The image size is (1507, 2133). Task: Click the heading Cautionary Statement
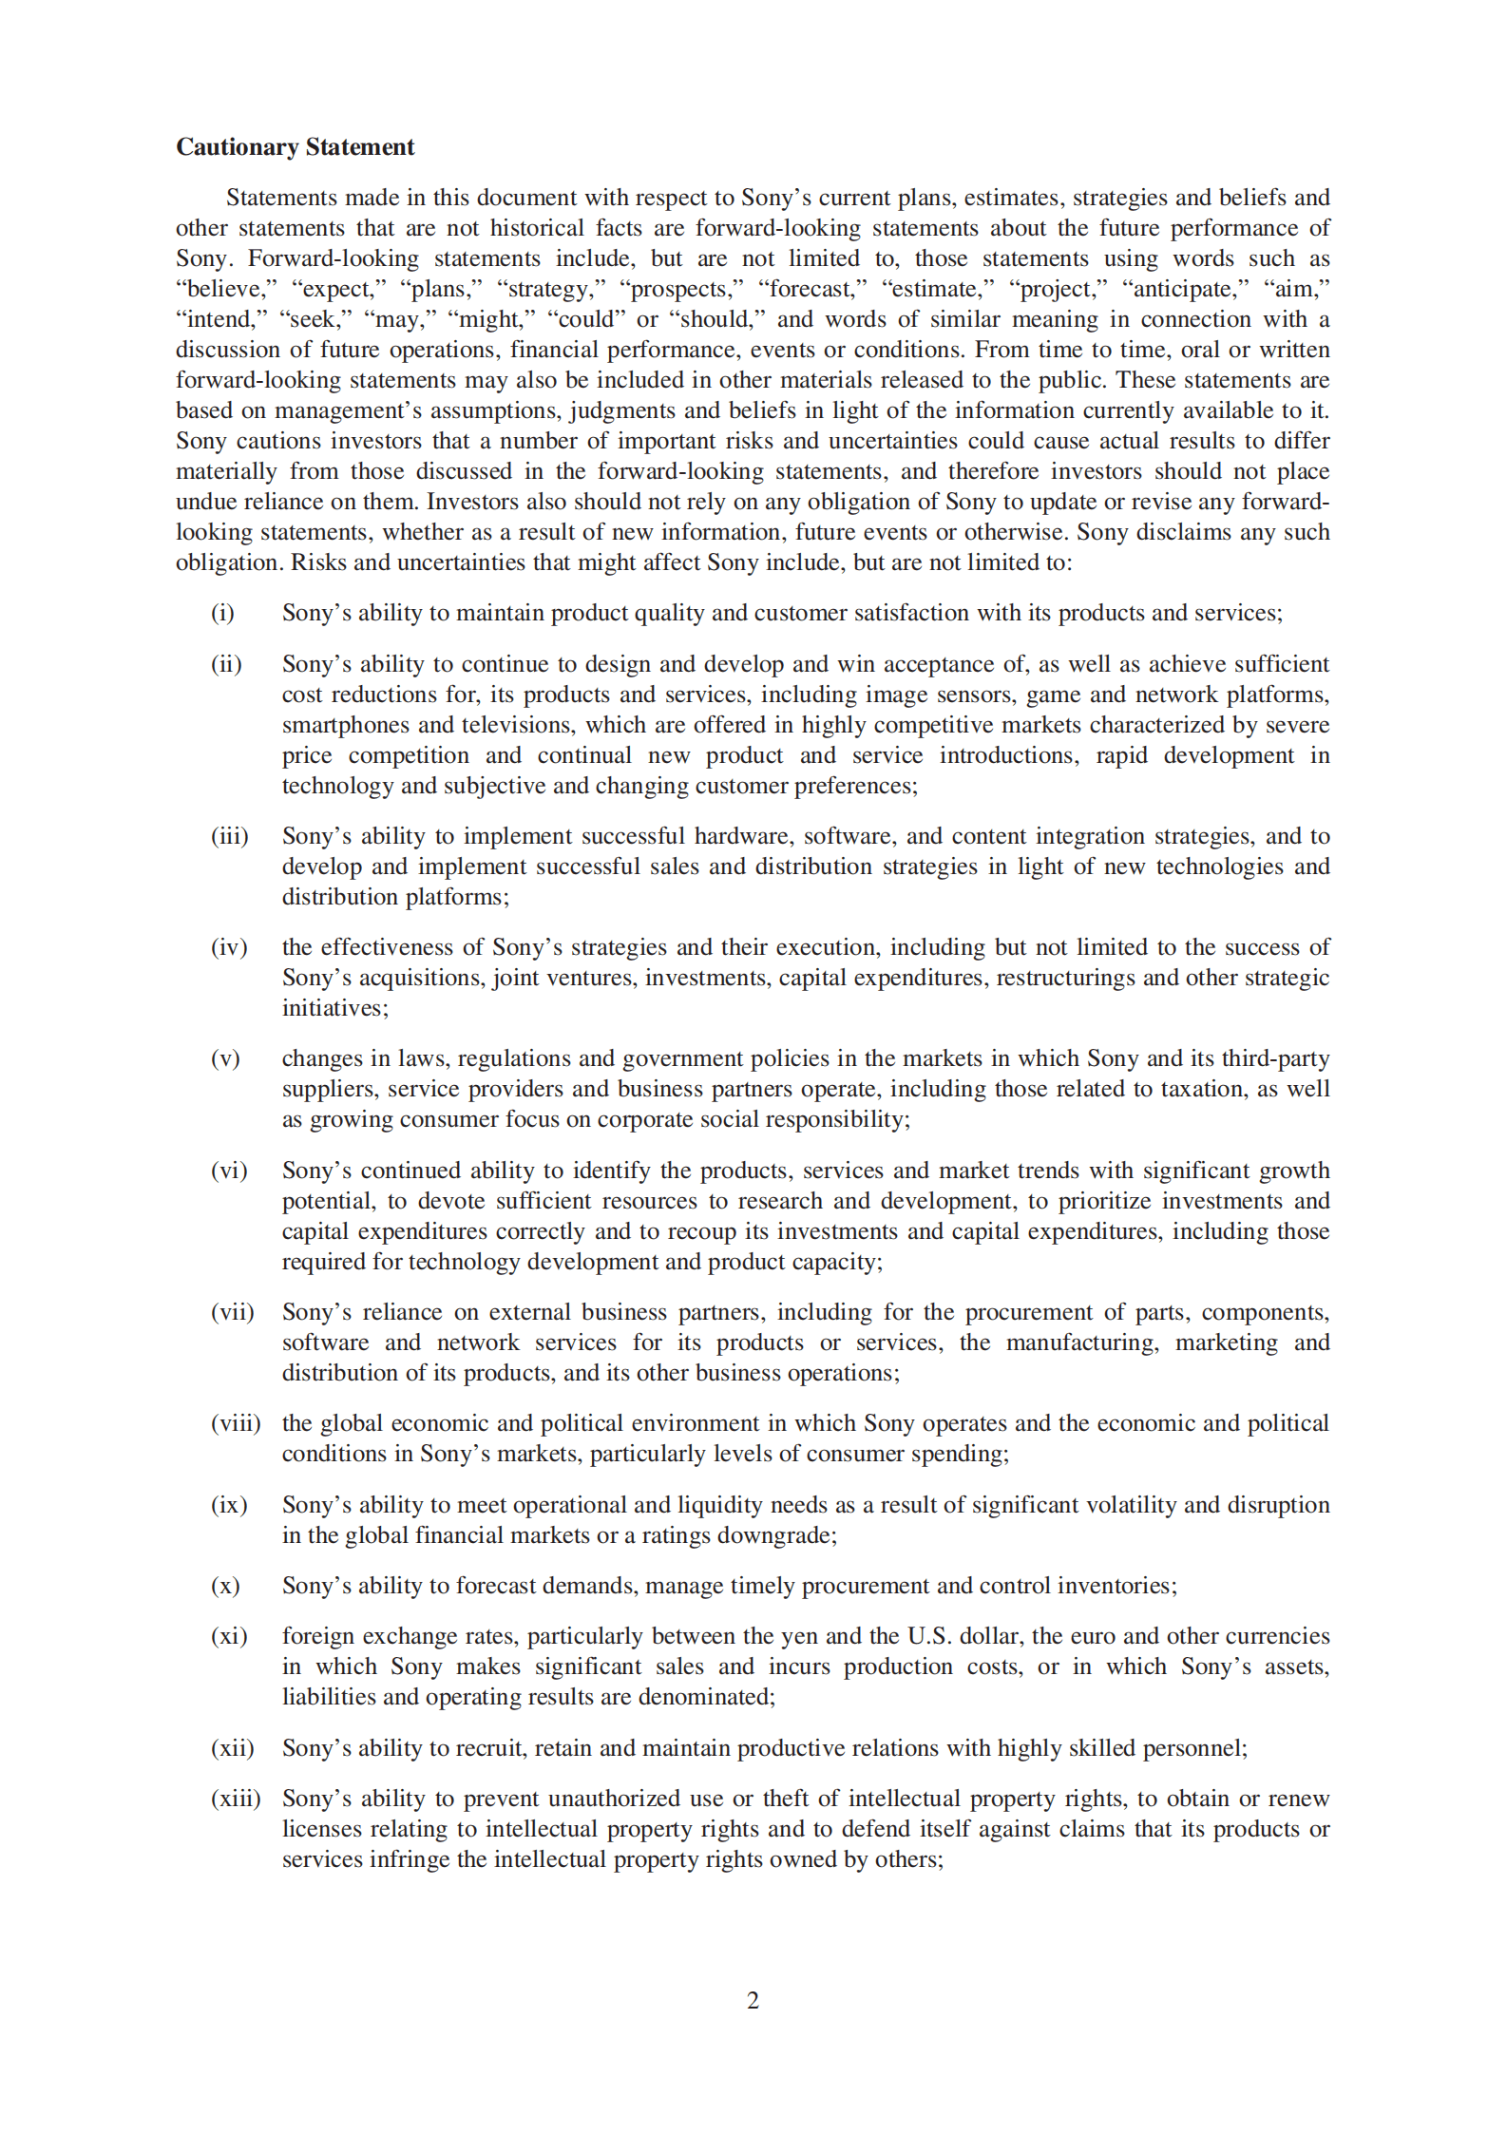[x=295, y=147]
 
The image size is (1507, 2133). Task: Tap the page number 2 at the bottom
[x=753, y=2000]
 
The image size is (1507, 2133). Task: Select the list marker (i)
[x=222, y=613]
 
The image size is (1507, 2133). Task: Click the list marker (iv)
[x=229, y=947]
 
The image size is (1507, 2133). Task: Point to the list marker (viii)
[x=236, y=1423]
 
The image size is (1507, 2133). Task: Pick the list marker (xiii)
[x=236, y=1799]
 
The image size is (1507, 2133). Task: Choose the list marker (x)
[x=225, y=1586]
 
